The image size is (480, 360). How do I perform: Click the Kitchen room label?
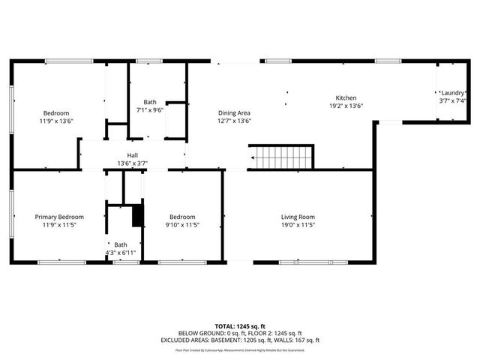[346, 98]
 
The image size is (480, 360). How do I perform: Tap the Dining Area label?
[234, 112]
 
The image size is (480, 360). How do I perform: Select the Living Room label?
[298, 217]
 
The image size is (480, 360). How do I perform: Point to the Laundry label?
[453, 92]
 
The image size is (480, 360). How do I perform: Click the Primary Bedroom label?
[59, 217]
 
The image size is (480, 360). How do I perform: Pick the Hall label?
[132, 156]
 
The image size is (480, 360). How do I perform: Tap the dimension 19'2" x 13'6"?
[346, 106]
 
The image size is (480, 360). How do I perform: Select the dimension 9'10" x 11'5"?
[181, 224]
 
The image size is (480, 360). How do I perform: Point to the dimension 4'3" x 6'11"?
[121, 252]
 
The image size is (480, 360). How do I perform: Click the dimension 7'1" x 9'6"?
[150, 109]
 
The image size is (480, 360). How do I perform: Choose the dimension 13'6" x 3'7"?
[132, 163]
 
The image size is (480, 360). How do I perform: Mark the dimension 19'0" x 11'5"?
[298, 224]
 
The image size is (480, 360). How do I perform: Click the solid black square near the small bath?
[137, 216]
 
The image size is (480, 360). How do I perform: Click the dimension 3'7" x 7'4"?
[453, 100]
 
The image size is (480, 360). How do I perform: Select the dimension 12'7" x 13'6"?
[234, 121]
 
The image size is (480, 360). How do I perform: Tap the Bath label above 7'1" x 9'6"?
[150, 102]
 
